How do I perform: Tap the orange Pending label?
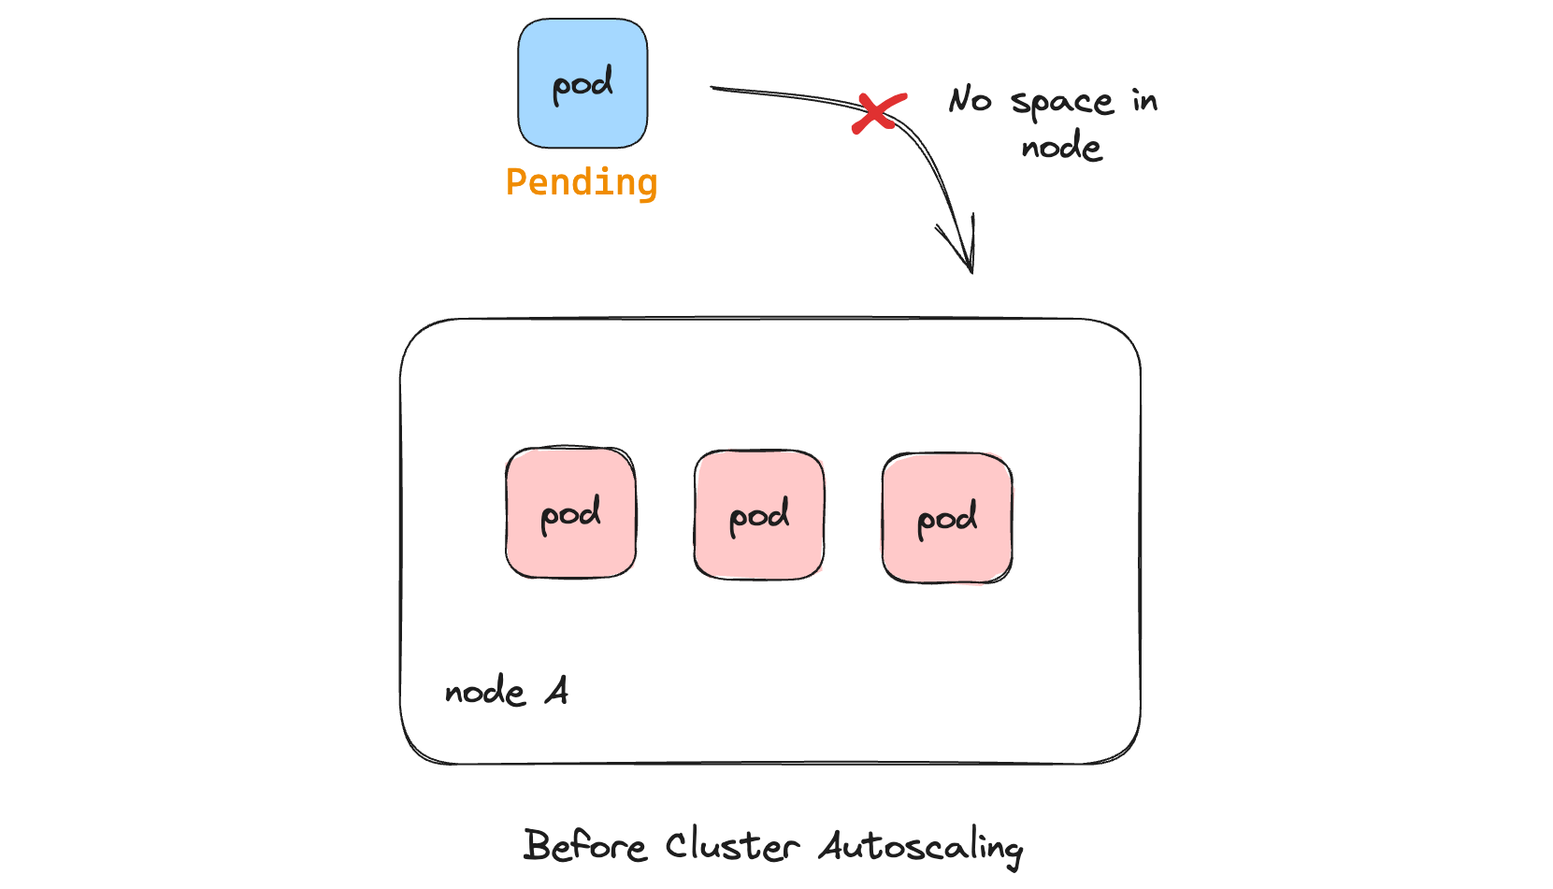tap(582, 182)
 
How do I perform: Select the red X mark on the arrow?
tap(879, 113)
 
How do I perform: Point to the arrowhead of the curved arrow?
tap(971, 266)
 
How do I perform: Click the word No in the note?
tap(970, 100)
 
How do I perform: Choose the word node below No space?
tap(1061, 147)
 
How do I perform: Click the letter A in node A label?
tap(557, 692)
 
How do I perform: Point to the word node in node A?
tap(485, 693)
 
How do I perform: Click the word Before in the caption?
tap(584, 846)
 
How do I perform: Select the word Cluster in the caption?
tap(732, 846)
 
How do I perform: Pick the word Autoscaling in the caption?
tap(921, 847)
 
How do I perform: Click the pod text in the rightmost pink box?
tap(947, 519)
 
